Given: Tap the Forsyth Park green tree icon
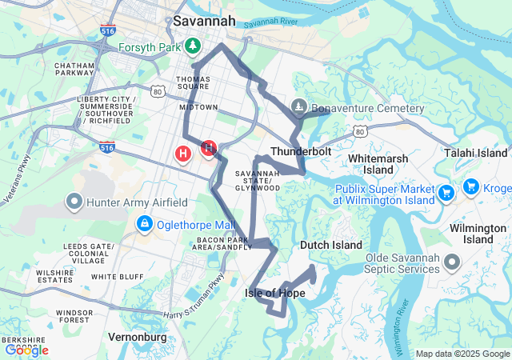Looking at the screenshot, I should (192, 46).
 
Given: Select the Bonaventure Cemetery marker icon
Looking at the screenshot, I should (298, 106).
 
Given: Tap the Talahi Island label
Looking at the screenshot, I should (477, 153).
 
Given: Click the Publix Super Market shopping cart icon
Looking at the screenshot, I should (446, 193).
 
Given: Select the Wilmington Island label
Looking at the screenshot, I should (478, 234).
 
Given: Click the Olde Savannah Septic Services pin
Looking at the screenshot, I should (452, 262).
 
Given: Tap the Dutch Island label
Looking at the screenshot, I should (331, 245).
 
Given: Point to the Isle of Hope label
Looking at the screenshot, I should (274, 294).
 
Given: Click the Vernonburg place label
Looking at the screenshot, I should (137, 337).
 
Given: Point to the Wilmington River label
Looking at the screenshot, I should (405, 324).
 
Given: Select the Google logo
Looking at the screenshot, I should (26, 350).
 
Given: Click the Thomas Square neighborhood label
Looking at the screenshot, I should (193, 84).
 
